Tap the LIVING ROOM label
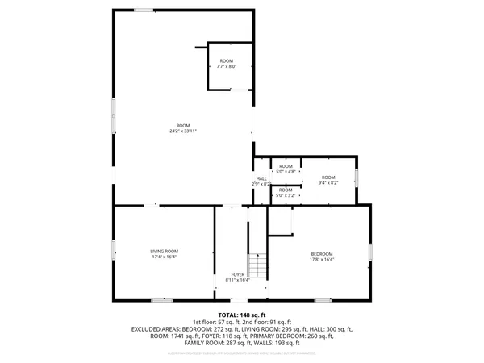pos(164,252)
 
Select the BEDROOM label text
pos(321,254)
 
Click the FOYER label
pos(238,274)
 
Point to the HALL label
pos(261,179)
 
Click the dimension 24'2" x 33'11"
pos(184,131)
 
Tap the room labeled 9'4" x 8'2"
pos(328,180)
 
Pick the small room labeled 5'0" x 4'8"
pos(286,169)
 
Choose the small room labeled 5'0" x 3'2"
pos(286,192)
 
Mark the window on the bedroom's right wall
pos(370,251)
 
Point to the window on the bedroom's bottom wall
pos(323,300)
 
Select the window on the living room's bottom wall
pos(162,300)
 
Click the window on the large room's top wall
pos(144,10)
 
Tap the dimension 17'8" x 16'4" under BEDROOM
pos(321,260)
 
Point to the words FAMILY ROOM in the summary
pos(203,343)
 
